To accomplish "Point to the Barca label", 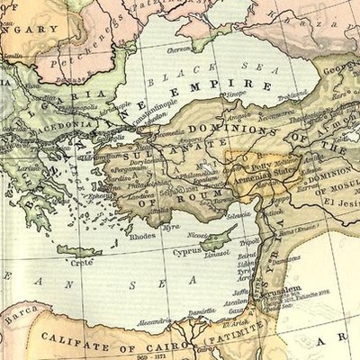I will [x=15, y=317].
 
